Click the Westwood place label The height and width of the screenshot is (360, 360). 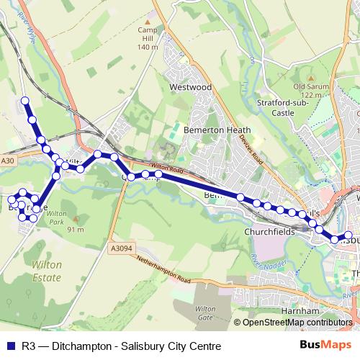pyautogui.click(x=190, y=86)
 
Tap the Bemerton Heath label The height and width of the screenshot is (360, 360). pyautogui.click(x=207, y=130)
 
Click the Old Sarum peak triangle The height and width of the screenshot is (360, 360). pyautogui.click(x=311, y=78)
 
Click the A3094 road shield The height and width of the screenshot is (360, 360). pyautogui.click(x=122, y=248)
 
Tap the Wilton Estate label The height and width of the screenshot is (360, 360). pyautogui.click(x=47, y=271)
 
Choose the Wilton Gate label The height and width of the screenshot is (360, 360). pyautogui.click(x=206, y=312)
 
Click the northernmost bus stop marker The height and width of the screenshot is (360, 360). pyautogui.click(x=25, y=101)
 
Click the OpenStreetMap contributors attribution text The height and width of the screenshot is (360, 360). pyautogui.click(x=297, y=323)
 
